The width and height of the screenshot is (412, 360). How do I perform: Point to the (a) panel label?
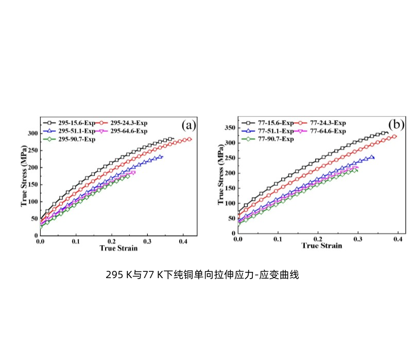(187, 125)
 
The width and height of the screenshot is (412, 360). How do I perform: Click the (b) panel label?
(396, 124)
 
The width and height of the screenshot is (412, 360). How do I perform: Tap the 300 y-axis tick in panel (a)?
(32, 133)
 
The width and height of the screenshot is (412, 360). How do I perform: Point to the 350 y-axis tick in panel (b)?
(230, 127)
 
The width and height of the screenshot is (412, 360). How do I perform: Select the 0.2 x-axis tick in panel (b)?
(318, 239)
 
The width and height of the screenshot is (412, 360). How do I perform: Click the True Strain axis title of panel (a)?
(118, 248)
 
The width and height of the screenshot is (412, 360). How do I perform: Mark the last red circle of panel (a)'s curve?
(189, 139)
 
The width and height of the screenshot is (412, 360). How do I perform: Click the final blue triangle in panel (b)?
(372, 157)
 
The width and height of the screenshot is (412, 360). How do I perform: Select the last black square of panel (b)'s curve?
(385, 132)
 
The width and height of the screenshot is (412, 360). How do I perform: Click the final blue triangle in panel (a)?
(161, 157)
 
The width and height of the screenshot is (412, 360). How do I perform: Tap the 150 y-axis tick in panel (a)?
(32, 184)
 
